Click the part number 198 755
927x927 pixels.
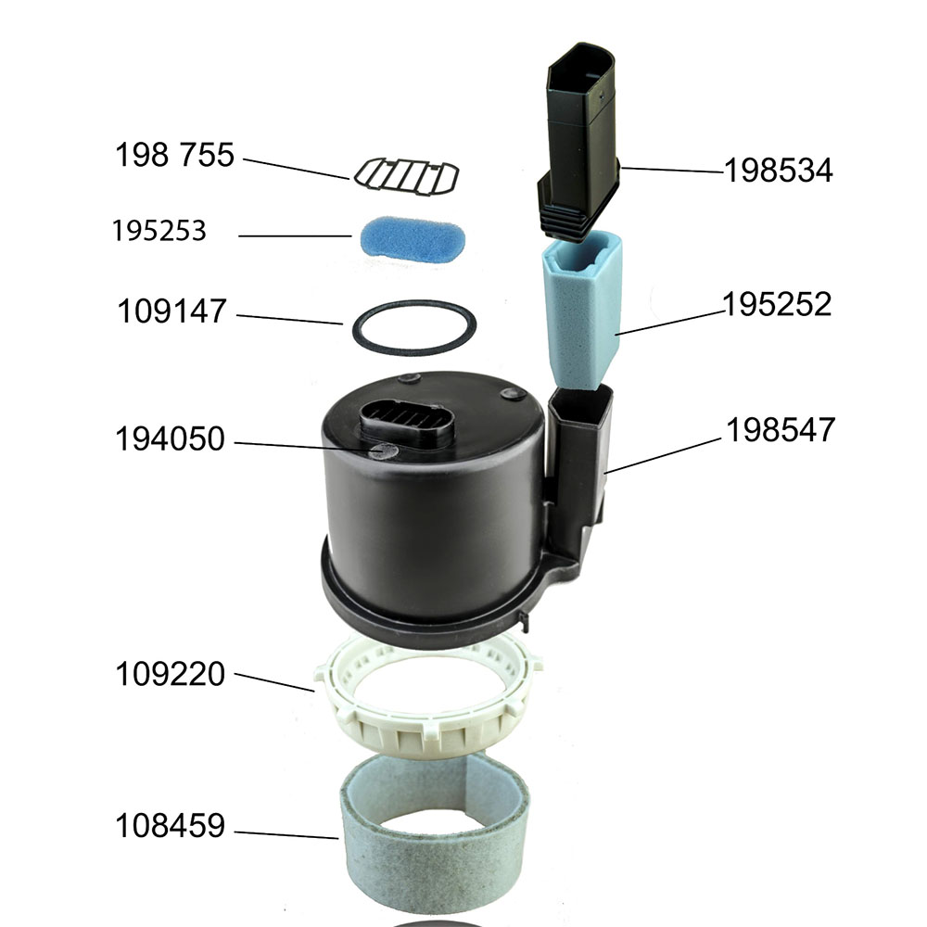(174, 155)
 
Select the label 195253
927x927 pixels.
(159, 231)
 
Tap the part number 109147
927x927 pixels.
(172, 311)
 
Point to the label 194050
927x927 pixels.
(170, 438)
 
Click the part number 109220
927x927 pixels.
(171, 674)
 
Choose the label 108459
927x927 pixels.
(171, 825)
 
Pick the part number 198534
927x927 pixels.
(779, 171)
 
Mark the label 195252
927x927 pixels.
(777, 304)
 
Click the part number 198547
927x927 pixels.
(781, 430)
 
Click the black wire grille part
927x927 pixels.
(407, 177)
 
